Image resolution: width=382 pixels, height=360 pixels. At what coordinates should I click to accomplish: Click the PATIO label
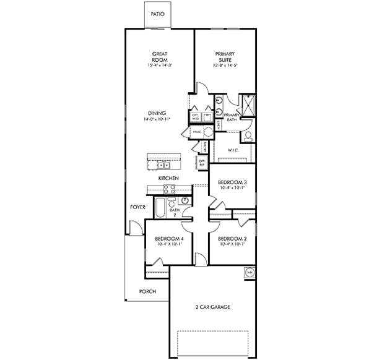[157, 14]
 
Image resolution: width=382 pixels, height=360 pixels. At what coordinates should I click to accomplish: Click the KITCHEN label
[168, 178]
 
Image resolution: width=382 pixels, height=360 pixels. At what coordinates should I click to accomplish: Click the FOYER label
[137, 207]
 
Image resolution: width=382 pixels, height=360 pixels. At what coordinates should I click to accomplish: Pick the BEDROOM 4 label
[168, 239]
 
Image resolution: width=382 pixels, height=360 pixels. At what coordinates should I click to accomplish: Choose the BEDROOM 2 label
[232, 239]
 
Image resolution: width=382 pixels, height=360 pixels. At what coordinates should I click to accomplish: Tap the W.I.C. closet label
[233, 149]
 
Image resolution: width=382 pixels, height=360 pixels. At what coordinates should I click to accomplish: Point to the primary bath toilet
[246, 135]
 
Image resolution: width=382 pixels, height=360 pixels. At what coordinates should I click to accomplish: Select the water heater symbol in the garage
[250, 272]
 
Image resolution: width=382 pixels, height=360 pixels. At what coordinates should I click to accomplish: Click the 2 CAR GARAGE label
[212, 307]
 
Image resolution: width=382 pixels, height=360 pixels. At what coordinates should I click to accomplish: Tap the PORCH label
[147, 291]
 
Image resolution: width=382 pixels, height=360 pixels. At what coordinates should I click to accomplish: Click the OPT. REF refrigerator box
[202, 163]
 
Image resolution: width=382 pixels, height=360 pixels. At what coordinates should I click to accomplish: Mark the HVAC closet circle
[208, 132]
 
